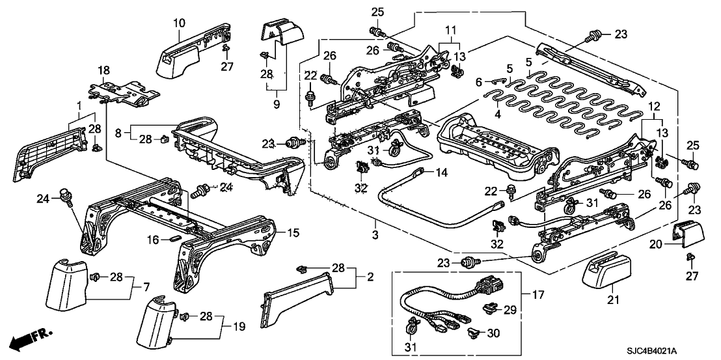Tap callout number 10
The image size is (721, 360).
click(x=180, y=23)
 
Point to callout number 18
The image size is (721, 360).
click(x=103, y=70)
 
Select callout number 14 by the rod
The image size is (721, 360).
click(x=442, y=174)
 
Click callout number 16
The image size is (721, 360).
click(x=151, y=240)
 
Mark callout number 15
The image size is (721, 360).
click(x=293, y=232)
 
